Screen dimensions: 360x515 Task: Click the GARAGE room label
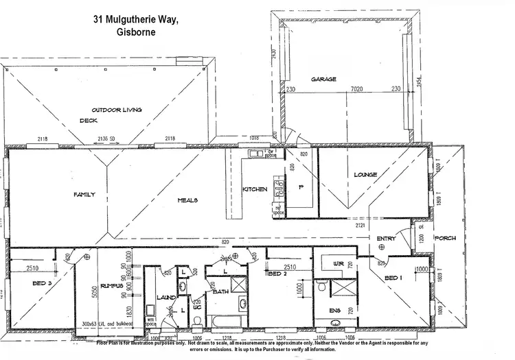pyautogui.click(x=323, y=80)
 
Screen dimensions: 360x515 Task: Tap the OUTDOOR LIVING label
pyautogui.click(x=116, y=110)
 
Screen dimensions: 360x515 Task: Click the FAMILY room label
pyautogui.click(x=84, y=195)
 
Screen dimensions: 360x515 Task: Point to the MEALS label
pyautogui.click(x=188, y=200)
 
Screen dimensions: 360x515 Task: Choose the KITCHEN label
pyautogui.click(x=255, y=189)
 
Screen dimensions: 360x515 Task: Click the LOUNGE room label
pyautogui.click(x=365, y=175)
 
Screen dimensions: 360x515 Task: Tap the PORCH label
pyautogui.click(x=445, y=238)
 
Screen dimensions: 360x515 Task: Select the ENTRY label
pyautogui.click(x=386, y=238)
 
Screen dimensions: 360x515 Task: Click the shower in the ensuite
pyautogui.click(x=339, y=289)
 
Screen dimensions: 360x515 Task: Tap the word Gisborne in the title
pyautogui.click(x=136, y=31)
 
